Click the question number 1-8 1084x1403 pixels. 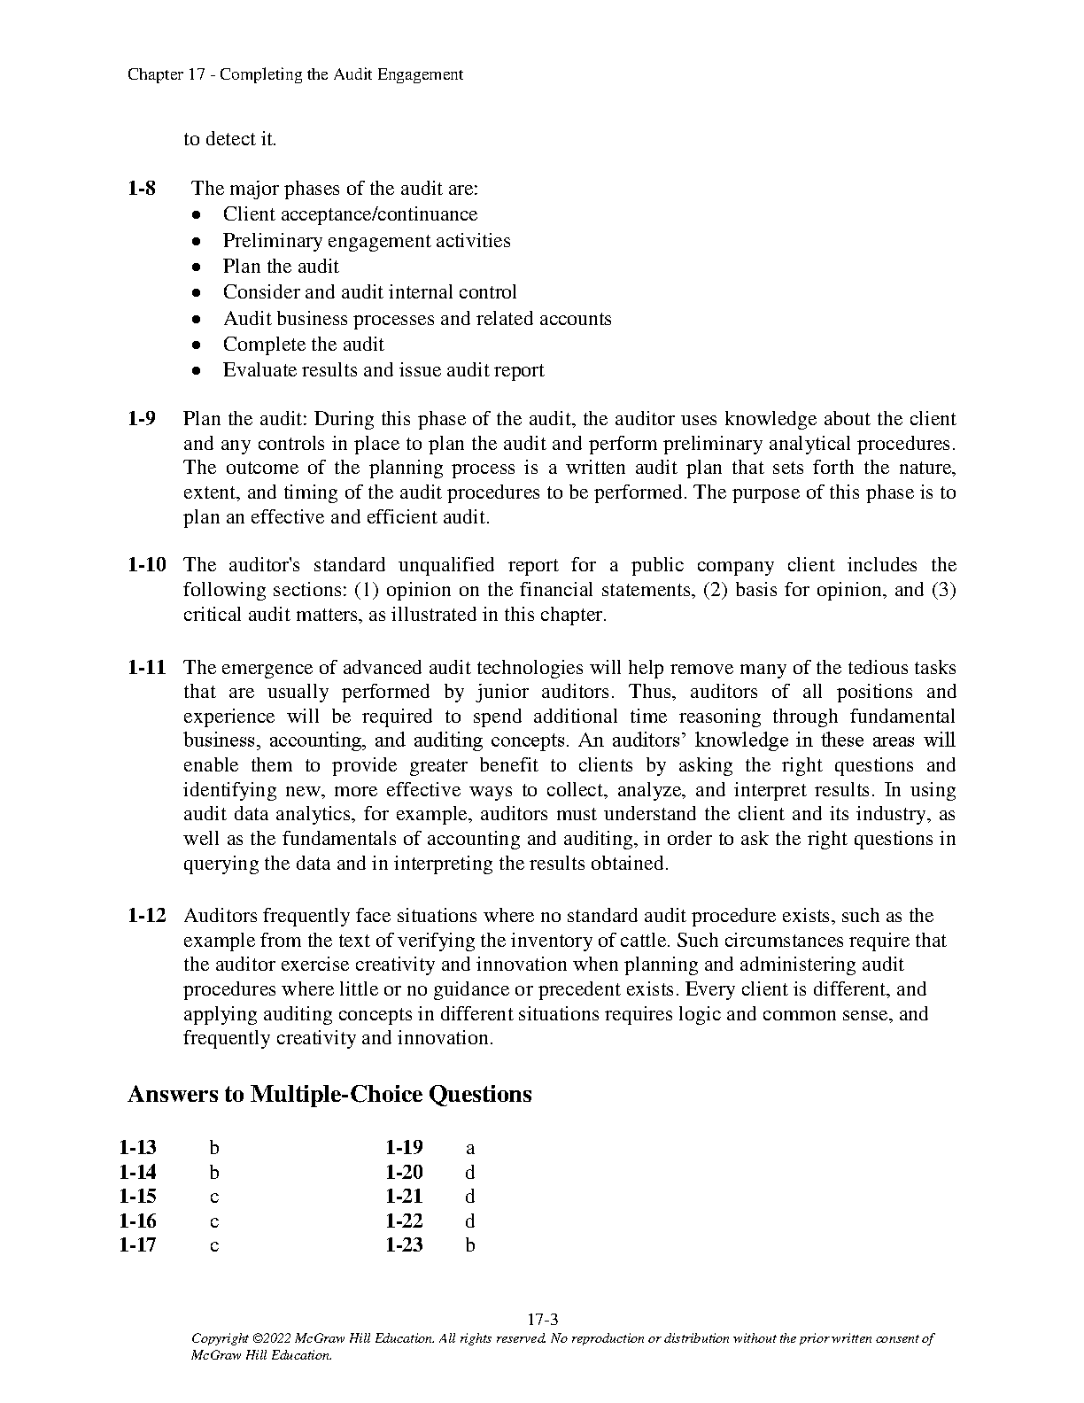[x=142, y=189]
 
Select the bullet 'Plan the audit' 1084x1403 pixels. [x=281, y=267]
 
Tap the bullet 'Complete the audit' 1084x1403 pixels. [x=303, y=345]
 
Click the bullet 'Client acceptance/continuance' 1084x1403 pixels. [x=350, y=214]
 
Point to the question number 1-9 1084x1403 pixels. [x=142, y=419]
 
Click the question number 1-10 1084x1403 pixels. [x=147, y=565]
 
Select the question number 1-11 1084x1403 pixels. [x=147, y=668]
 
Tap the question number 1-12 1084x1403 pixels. [x=147, y=916]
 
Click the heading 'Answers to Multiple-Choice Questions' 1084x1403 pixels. [x=329, y=1095]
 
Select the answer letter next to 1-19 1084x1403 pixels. [x=470, y=1149]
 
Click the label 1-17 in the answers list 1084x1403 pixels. [x=137, y=1245]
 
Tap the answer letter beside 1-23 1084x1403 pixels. [x=470, y=1245]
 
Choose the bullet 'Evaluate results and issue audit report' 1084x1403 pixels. [x=383, y=370]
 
